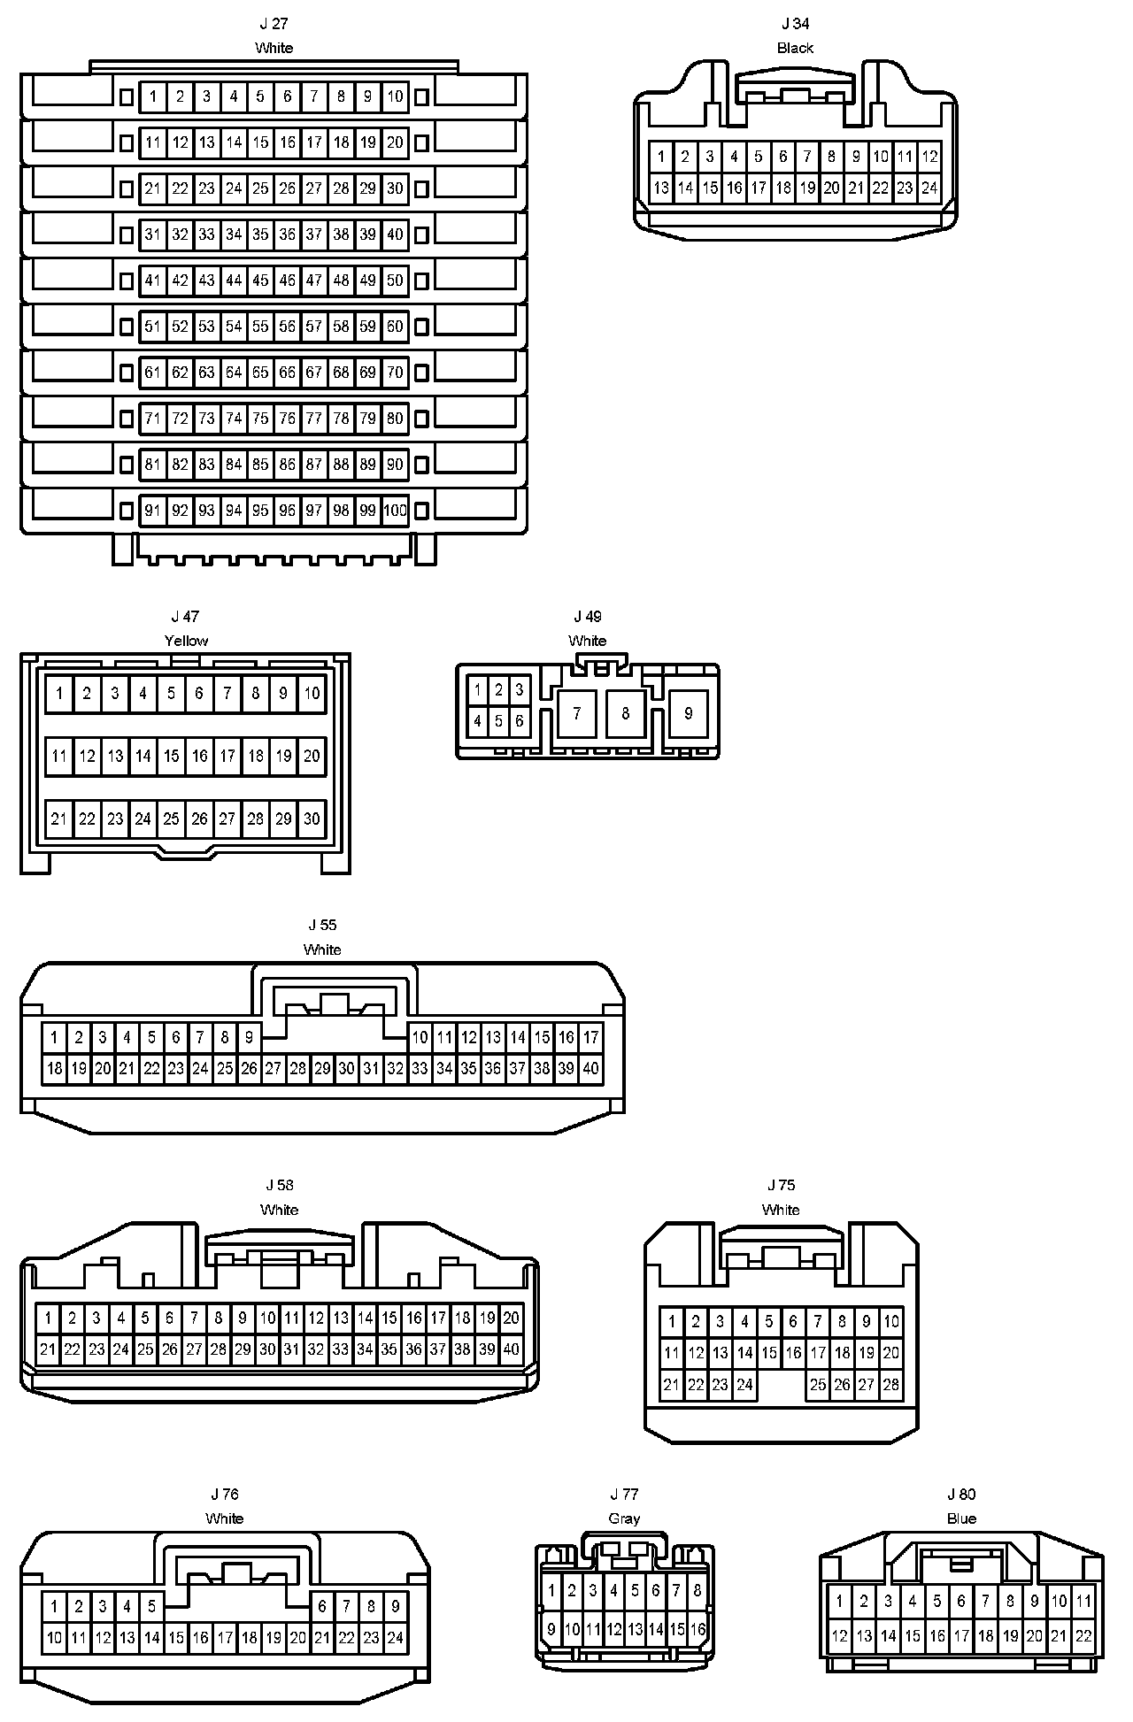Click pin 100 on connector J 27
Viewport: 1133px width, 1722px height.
point(395,511)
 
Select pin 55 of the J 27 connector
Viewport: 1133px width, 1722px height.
point(260,327)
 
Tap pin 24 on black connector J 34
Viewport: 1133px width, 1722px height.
point(929,188)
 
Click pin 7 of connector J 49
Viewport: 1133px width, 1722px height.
point(577,713)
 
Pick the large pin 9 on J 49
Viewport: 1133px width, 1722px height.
point(689,713)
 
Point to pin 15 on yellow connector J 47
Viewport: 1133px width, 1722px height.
point(172,756)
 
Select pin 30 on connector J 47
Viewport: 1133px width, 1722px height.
point(312,819)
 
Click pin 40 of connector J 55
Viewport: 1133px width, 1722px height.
point(590,1069)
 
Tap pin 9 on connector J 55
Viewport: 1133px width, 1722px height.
point(250,1037)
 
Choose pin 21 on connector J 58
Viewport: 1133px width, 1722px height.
point(48,1349)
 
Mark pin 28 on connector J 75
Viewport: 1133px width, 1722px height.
point(890,1385)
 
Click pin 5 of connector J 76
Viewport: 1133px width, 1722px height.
point(152,1606)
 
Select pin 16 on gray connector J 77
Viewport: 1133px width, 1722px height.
point(698,1629)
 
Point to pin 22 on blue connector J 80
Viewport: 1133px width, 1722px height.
point(1083,1637)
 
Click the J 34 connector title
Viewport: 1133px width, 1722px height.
point(795,24)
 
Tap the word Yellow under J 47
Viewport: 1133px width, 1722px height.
point(186,641)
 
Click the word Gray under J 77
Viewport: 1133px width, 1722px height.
point(624,1518)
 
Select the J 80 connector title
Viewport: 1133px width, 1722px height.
point(961,1495)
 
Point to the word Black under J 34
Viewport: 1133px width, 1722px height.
point(795,48)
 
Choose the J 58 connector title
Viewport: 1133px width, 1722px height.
point(280,1185)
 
